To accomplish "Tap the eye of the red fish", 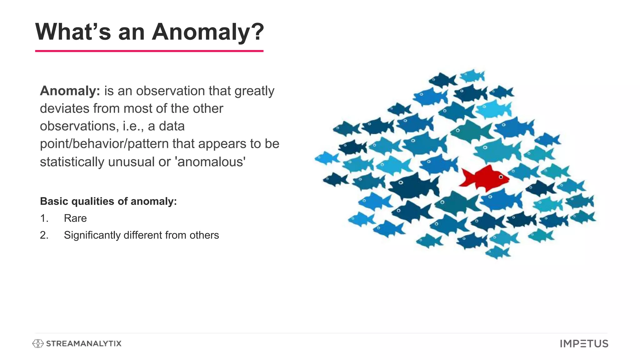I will [501, 177].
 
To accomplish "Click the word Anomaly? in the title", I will [208, 32].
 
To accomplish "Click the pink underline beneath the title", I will [149, 51].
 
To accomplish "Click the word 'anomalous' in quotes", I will [211, 162].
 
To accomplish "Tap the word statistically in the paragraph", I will [72, 162].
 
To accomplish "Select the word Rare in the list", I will [75, 218].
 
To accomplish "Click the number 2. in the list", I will [44, 235].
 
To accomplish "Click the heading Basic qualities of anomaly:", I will [108, 201].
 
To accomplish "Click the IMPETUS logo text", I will [584, 344].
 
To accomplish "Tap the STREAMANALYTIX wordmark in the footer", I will [83, 344].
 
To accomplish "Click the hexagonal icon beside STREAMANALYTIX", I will [38, 344].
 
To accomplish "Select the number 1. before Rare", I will [44, 218].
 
